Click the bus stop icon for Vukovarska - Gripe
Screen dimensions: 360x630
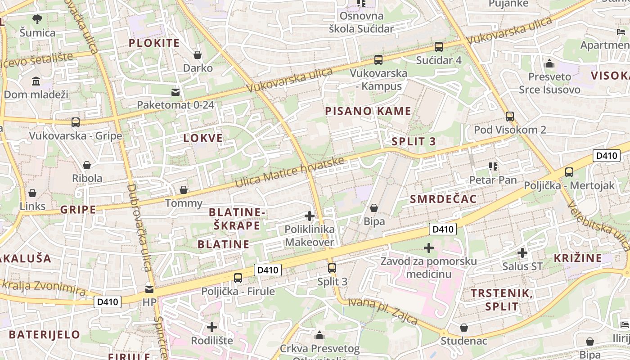click(x=76, y=122)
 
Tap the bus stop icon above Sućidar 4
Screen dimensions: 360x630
click(x=438, y=46)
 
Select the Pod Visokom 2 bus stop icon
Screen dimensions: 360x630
click(x=509, y=116)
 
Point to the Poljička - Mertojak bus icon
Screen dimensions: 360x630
click(x=569, y=172)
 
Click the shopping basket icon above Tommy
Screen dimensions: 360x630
click(x=184, y=190)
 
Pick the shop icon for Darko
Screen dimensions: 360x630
click(x=197, y=55)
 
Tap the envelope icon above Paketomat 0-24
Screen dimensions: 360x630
click(x=175, y=92)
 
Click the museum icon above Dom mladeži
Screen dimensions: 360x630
click(x=36, y=81)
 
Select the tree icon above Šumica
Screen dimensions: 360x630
click(x=37, y=19)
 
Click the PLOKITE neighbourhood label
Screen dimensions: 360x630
click(x=154, y=43)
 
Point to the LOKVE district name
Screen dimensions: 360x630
click(x=203, y=138)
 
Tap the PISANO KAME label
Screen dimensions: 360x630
click(x=368, y=111)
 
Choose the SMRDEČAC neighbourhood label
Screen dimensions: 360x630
click(x=443, y=199)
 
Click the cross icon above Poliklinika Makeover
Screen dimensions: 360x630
click(x=310, y=216)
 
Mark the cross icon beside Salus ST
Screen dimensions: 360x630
click(x=522, y=253)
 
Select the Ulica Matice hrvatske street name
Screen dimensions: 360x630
click(x=290, y=172)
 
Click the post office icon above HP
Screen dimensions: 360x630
click(x=149, y=289)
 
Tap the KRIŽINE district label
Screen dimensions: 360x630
click(x=578, y=258)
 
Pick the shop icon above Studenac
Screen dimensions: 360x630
click(x=463, y=328)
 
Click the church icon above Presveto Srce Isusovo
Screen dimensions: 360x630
click(x=549, y=64)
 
